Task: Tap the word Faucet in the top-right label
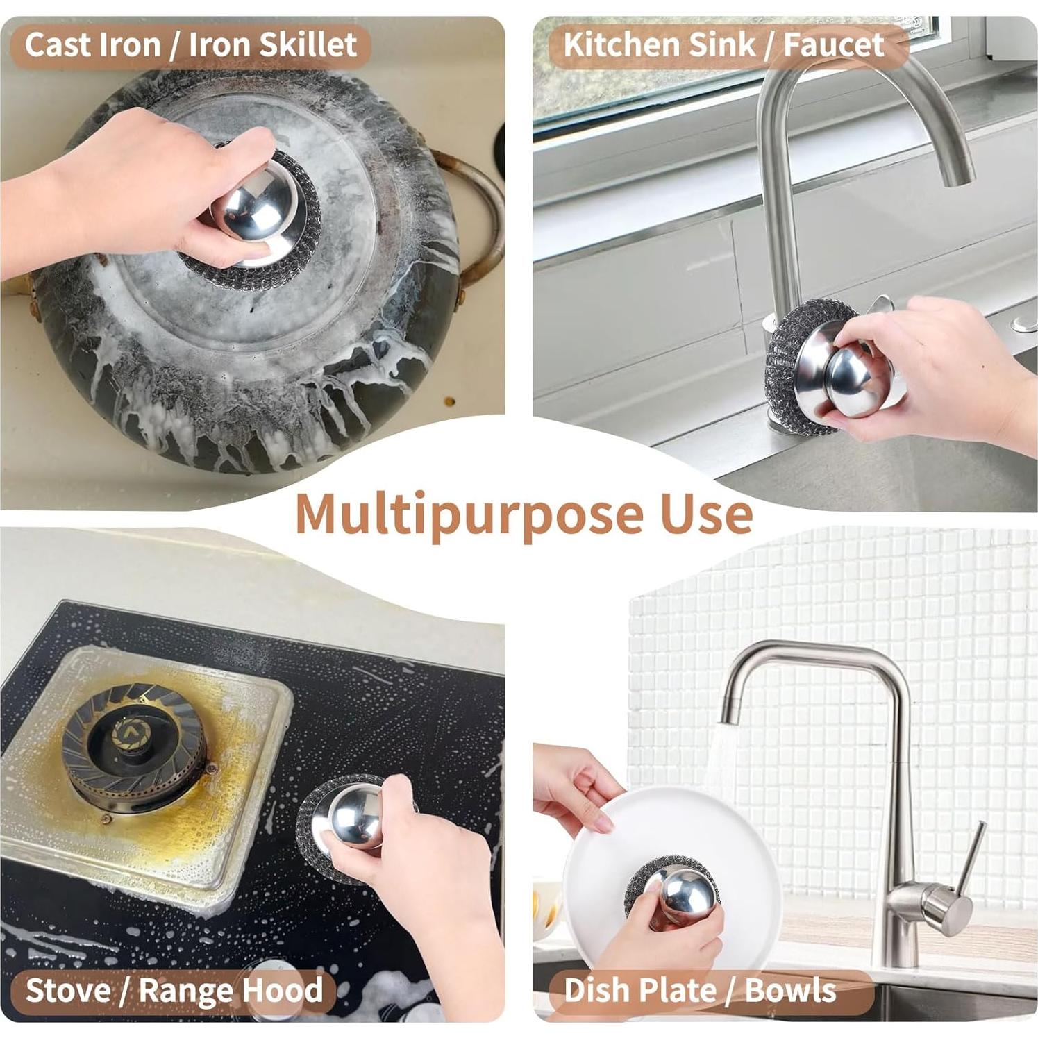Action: tap(833, 45)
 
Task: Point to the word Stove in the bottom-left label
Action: tap(68, 989)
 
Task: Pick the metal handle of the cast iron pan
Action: tap(479, 208)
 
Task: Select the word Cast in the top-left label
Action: tap(56, 45)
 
